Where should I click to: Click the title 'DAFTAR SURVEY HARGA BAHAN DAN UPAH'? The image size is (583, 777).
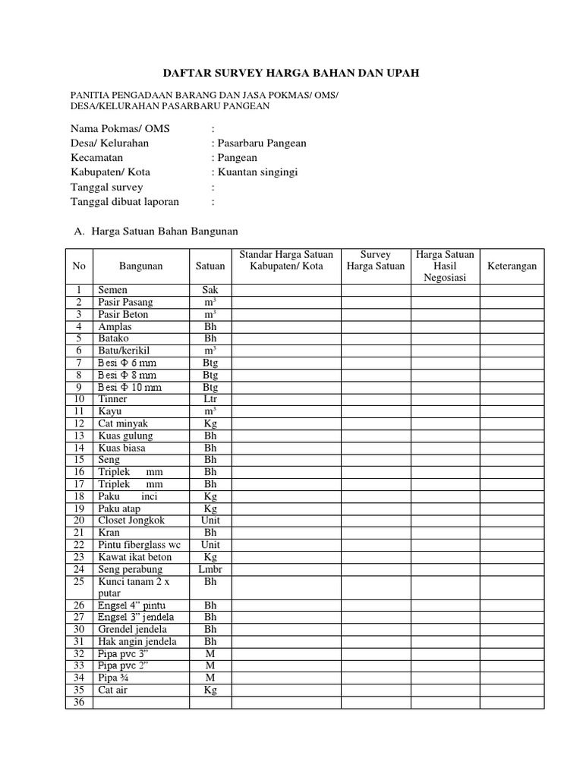pos(291,73)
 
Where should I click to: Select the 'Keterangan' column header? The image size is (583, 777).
pos(512,266)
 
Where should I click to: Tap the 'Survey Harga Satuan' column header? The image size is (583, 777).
pos(375,260)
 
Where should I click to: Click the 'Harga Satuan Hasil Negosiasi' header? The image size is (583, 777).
pos(445,266)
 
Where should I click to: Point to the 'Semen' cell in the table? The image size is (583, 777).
pos(113,290)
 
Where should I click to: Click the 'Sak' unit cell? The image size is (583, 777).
pos(210,290)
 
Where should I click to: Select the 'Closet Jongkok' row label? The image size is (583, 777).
pos(131,521)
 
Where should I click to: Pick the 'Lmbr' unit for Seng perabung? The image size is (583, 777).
pos(210,569)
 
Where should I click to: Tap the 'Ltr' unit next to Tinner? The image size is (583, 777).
pos(210,399)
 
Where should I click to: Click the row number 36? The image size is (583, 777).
pos(78,703)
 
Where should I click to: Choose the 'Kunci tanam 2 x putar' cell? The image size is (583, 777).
pos(130,587)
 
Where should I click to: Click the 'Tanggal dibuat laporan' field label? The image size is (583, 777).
pos(124,202)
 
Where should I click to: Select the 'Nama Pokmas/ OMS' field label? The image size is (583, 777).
pos(120,128)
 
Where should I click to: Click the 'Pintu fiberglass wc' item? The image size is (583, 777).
pos(139,545)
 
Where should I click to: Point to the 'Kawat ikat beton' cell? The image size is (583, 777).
pos(134,557)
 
